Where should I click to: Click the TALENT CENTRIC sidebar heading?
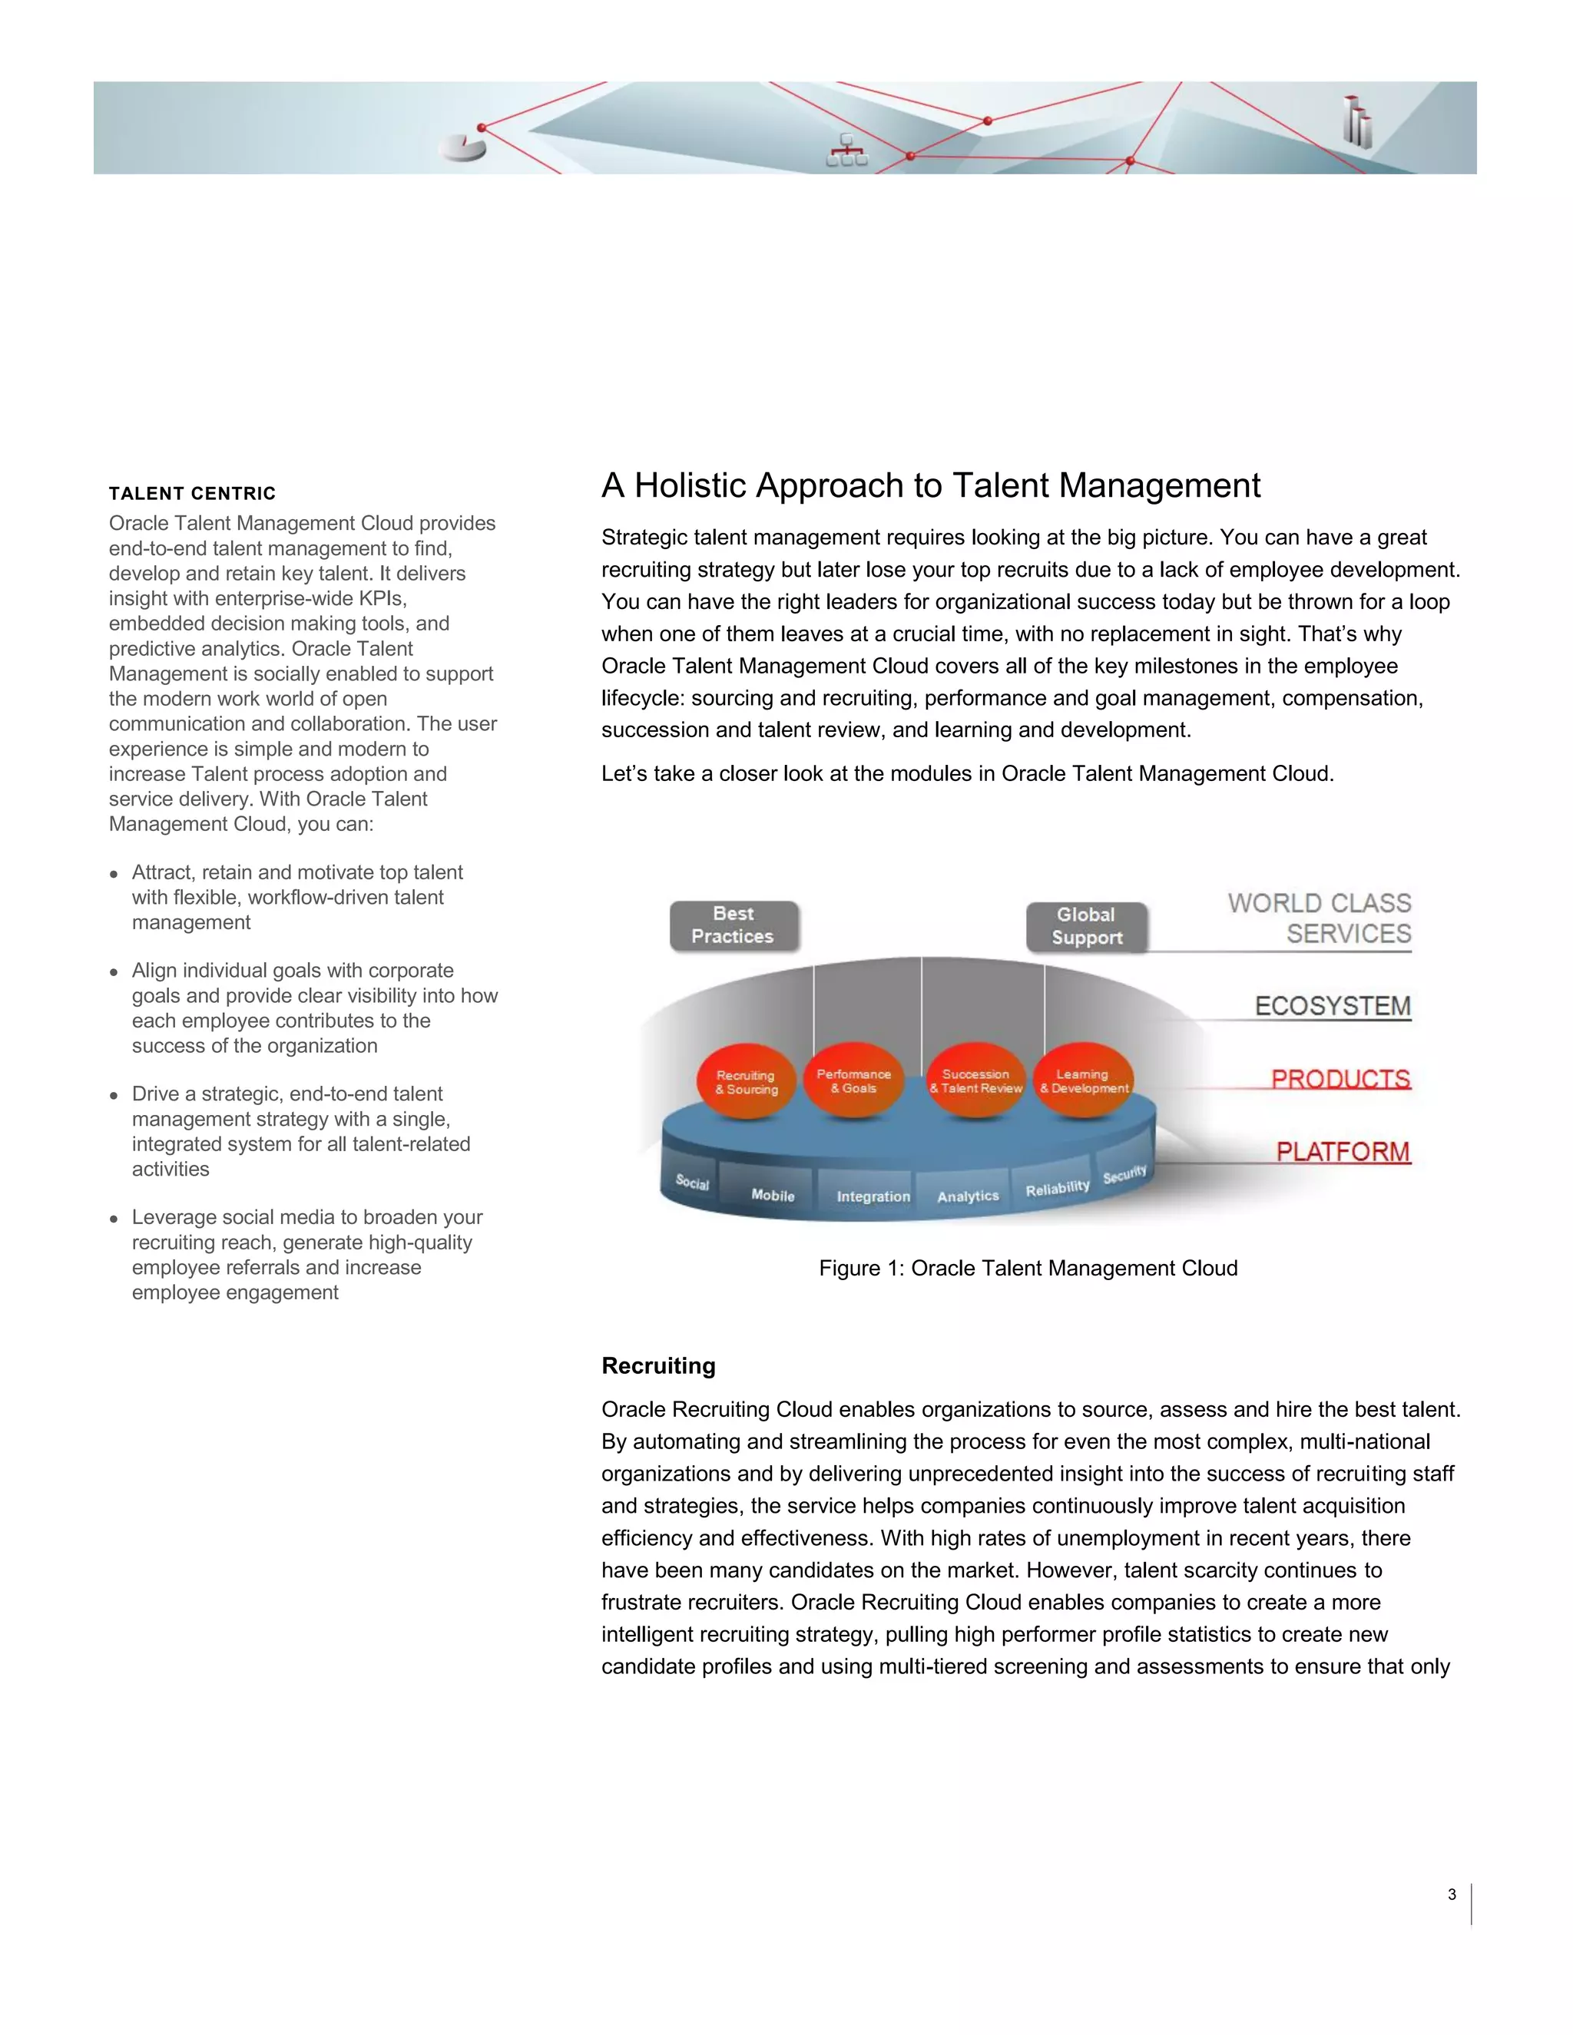[192, 494]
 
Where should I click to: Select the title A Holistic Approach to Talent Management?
[930, 485]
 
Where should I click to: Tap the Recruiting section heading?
[658, 1366]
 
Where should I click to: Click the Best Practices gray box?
[734, 925]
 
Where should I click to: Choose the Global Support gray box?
[1087, 926]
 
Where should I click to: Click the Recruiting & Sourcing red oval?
[746, 1082]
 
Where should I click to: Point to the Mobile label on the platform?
[773, 1196]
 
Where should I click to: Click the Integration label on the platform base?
[873, 1196]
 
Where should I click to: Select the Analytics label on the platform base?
[967, 1196]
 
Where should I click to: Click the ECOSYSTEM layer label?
[1332, 1006]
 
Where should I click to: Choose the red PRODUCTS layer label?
[1340, 1079]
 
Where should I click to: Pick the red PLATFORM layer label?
[1342, 1152]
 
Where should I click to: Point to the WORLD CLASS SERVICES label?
[1319, 918]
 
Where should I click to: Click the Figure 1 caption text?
[1028, 1268]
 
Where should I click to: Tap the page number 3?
[1451, 1894]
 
